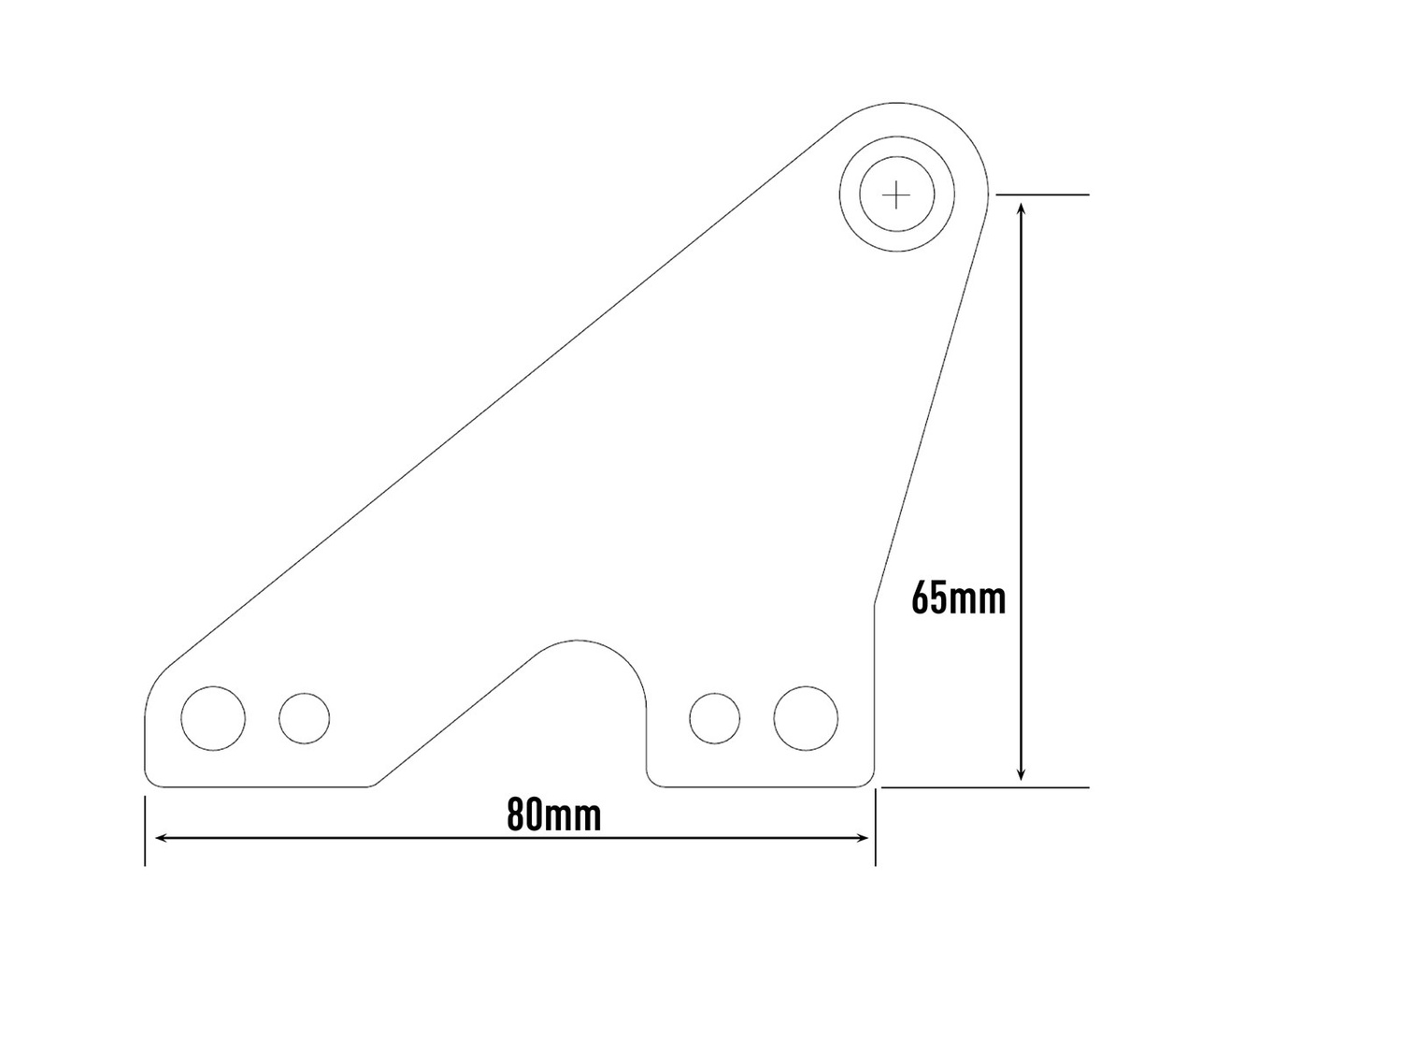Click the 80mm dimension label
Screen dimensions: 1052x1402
554,814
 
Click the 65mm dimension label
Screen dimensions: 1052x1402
958,598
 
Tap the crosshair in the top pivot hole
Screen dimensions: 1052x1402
896,195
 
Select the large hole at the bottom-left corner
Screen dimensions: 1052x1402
213,718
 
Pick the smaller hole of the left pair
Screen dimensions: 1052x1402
305,718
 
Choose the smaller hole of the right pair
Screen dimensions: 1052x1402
715,718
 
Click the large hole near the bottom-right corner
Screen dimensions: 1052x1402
806,718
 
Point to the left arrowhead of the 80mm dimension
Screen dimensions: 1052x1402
160,838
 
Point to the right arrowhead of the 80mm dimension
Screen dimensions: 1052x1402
864,838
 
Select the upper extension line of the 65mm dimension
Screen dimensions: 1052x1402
1042,195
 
